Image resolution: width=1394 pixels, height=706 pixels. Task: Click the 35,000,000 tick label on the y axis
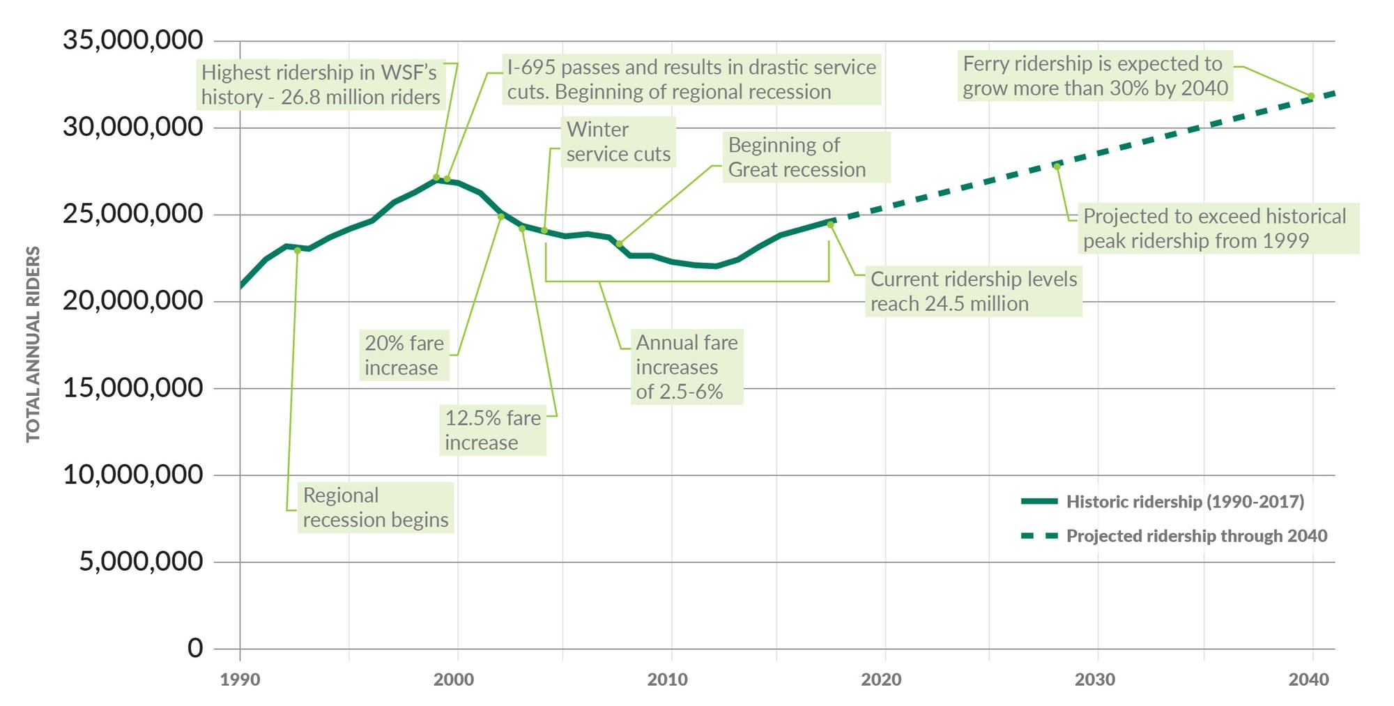point(132,40)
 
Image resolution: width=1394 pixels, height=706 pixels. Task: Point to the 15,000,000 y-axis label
point(132,388)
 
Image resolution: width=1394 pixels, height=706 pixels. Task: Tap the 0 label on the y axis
point(195,648)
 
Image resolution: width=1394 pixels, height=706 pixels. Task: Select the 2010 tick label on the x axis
point(667,680)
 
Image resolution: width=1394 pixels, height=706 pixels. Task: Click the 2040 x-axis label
point(1308,680)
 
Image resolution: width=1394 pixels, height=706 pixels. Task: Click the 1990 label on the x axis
point(240,680)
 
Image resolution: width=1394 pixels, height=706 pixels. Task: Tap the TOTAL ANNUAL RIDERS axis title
point(33,344)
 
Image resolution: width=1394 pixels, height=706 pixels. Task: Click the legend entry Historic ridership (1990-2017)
point(1184,502)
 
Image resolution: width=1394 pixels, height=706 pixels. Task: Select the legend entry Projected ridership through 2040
point(1196,536)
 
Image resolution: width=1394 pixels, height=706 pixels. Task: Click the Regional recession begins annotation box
point(375,507)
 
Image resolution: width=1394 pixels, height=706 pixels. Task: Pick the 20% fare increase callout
point(404,355)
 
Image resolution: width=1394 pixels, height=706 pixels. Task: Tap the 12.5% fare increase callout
point(492,430)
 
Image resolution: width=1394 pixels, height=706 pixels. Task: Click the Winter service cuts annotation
point(618,141)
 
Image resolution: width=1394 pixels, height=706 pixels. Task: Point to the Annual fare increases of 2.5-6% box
point(686,367)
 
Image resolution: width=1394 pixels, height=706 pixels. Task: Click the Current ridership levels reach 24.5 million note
point(973,291)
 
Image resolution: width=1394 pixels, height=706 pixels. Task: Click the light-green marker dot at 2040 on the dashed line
point(1311,96)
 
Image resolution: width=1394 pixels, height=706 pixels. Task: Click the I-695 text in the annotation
point(530,68)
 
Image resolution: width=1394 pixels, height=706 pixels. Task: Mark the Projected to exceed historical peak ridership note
point(1214,229)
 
